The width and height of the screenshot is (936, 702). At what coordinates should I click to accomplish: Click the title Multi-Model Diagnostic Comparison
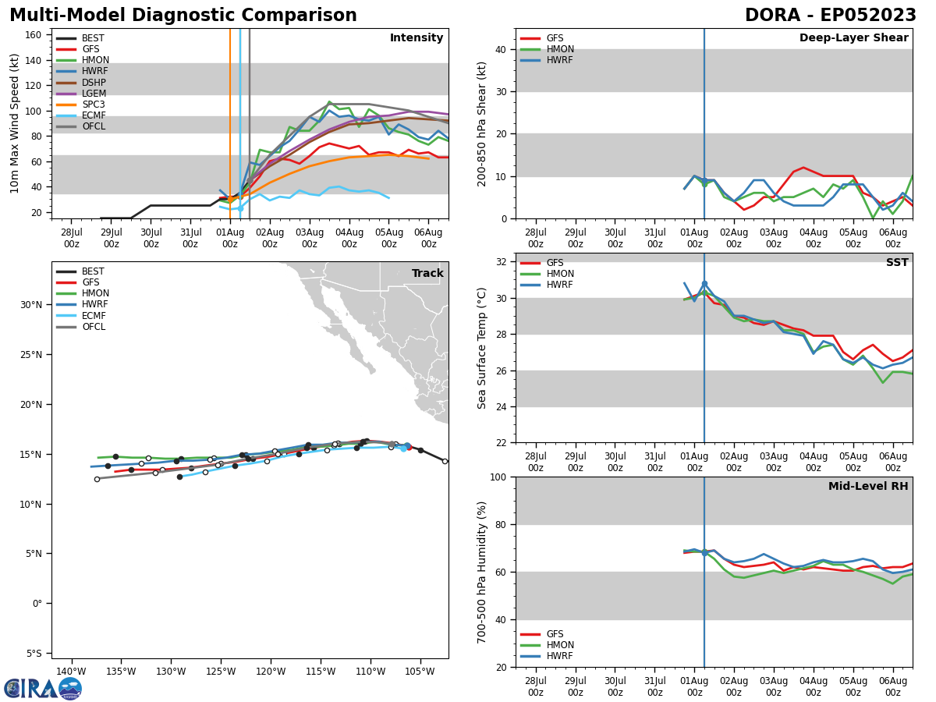pyautogui.click(x=183, y=16)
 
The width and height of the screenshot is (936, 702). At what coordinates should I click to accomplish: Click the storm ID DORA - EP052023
pyautogui.click(x=830, y=16)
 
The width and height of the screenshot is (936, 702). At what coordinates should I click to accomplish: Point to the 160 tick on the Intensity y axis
pyautogui.click(x=34, y=34)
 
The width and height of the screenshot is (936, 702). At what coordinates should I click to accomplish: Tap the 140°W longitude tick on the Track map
pyautogui.click(x=71, y=672)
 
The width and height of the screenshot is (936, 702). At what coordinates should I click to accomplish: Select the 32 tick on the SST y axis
pyautogui.click(x=501, y=262)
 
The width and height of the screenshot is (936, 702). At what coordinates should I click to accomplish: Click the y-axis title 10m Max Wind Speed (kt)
pyautogui.click(x=15, y=123)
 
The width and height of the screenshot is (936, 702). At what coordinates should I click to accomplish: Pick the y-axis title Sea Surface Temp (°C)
pyautogui.click(x=482, y=348)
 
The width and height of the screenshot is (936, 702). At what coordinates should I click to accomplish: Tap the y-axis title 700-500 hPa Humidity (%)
pyautogui.click(x=482, y=572)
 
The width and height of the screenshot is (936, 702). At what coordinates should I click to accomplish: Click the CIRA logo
pyautogui.click(x=43, y=688)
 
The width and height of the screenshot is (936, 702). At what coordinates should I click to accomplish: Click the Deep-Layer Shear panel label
pyautogui.click(x=853, y=38)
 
